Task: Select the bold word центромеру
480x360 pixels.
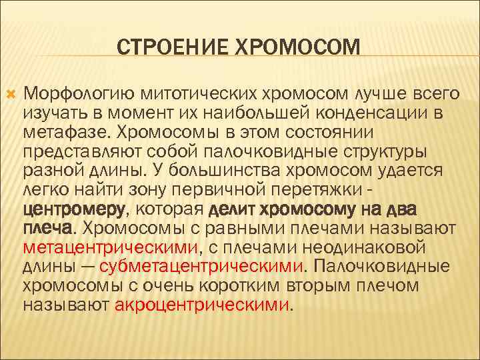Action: [74, 211]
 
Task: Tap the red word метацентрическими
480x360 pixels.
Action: [111, 249]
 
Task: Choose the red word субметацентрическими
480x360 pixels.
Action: [201, 267]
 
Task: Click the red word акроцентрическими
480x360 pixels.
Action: [203, 306]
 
